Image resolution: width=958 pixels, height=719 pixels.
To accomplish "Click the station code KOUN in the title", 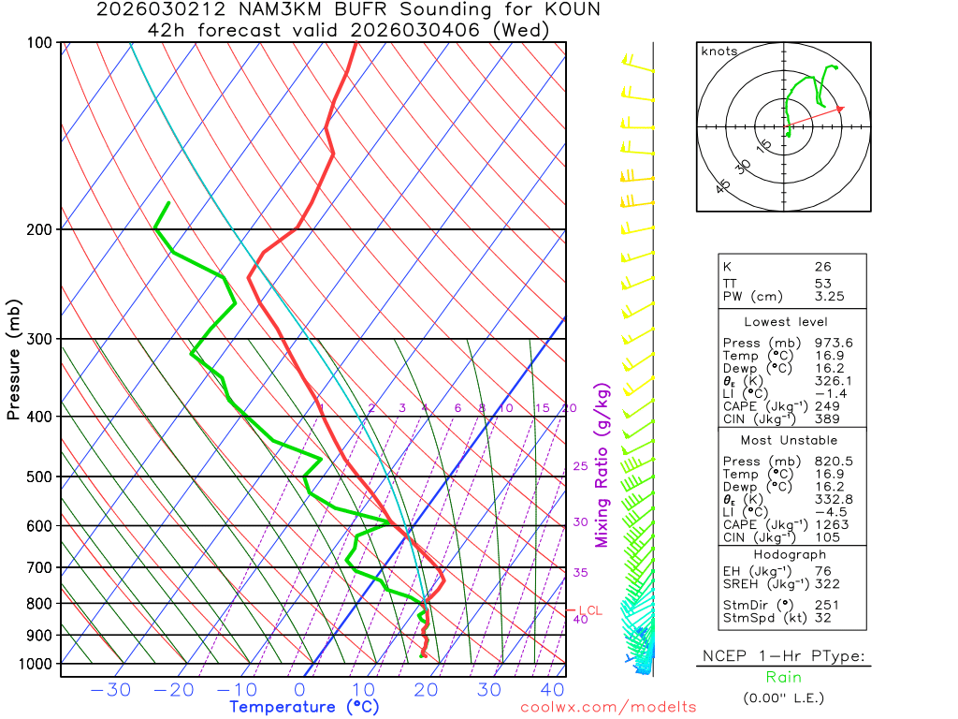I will pos(573,10).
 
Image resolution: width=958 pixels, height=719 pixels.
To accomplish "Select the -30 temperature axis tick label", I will pos(109,691).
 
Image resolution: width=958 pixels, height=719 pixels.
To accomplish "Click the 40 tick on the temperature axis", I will pos(553,691).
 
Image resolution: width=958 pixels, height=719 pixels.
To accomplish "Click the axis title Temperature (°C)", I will pos(304,707).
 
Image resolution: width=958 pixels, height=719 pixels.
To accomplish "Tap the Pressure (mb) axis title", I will pos(14,359).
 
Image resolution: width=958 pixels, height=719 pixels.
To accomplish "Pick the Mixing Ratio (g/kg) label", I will pos(602,465).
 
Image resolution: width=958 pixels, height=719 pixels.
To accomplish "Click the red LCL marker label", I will pos(590,610).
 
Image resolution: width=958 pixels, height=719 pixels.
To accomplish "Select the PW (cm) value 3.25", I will pos(828,297).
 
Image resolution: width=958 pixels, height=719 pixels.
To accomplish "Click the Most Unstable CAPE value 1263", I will pos(828,524).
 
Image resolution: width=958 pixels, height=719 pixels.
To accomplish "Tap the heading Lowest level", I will pos(779,321).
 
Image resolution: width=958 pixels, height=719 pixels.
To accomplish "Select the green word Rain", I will pos(783,677).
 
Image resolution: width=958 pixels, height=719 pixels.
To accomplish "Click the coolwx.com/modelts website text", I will pos(608,707).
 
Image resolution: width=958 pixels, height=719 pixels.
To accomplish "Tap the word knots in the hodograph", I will pos(718,51).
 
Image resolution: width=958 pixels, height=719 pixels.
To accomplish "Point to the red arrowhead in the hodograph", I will pos(840,109).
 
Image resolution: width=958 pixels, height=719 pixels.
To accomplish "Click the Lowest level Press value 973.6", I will pos(834,343).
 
